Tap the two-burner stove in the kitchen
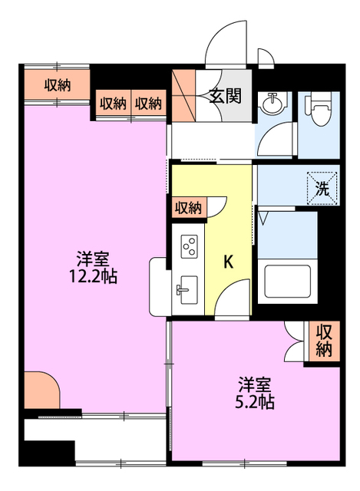tap(189, 246)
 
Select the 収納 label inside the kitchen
tap(188, 207)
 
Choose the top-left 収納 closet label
tap(57, 85)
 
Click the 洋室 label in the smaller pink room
tap(253, 382)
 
